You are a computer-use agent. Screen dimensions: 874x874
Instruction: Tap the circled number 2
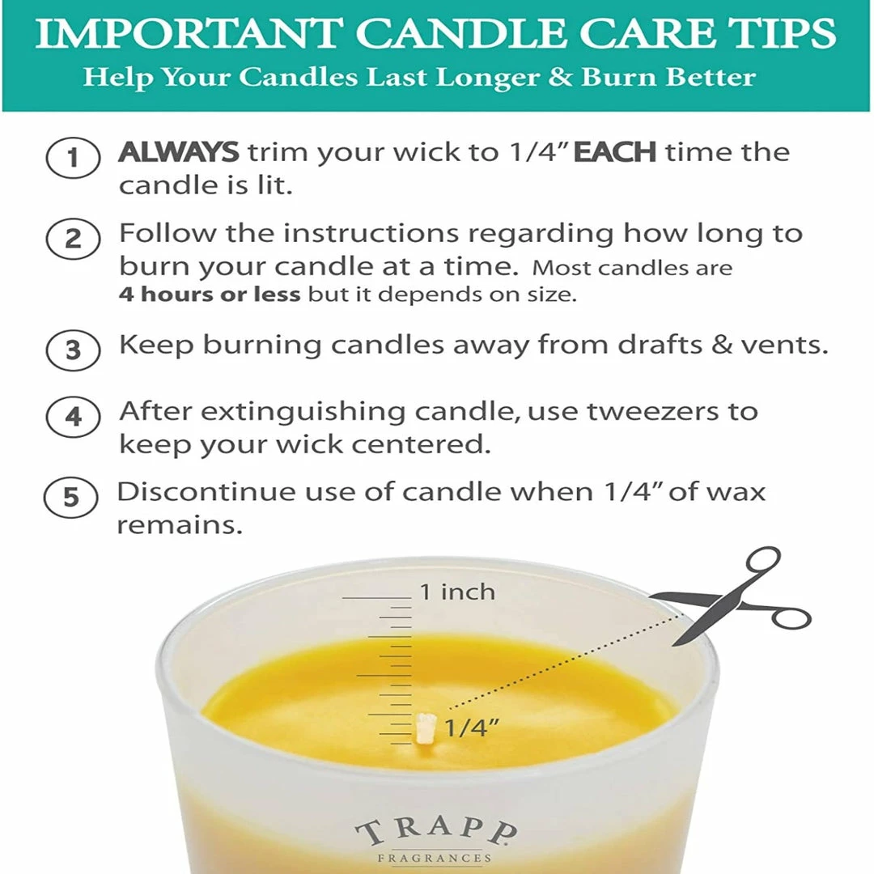pos(73,240)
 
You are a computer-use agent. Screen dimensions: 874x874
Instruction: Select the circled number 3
pos(73,350)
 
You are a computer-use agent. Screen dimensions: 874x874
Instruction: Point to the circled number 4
pos(73,418)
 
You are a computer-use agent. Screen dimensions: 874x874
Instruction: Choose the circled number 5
pos(71,497)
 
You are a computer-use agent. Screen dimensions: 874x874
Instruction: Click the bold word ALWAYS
pos(179,152)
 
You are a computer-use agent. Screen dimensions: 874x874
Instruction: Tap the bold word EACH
pos(615,152)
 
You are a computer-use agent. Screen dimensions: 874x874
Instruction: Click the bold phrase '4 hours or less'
pos(210,295)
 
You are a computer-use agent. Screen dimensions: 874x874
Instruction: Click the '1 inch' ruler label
pos(456,592)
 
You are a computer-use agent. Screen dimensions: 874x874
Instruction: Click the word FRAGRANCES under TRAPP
pos(435,858)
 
